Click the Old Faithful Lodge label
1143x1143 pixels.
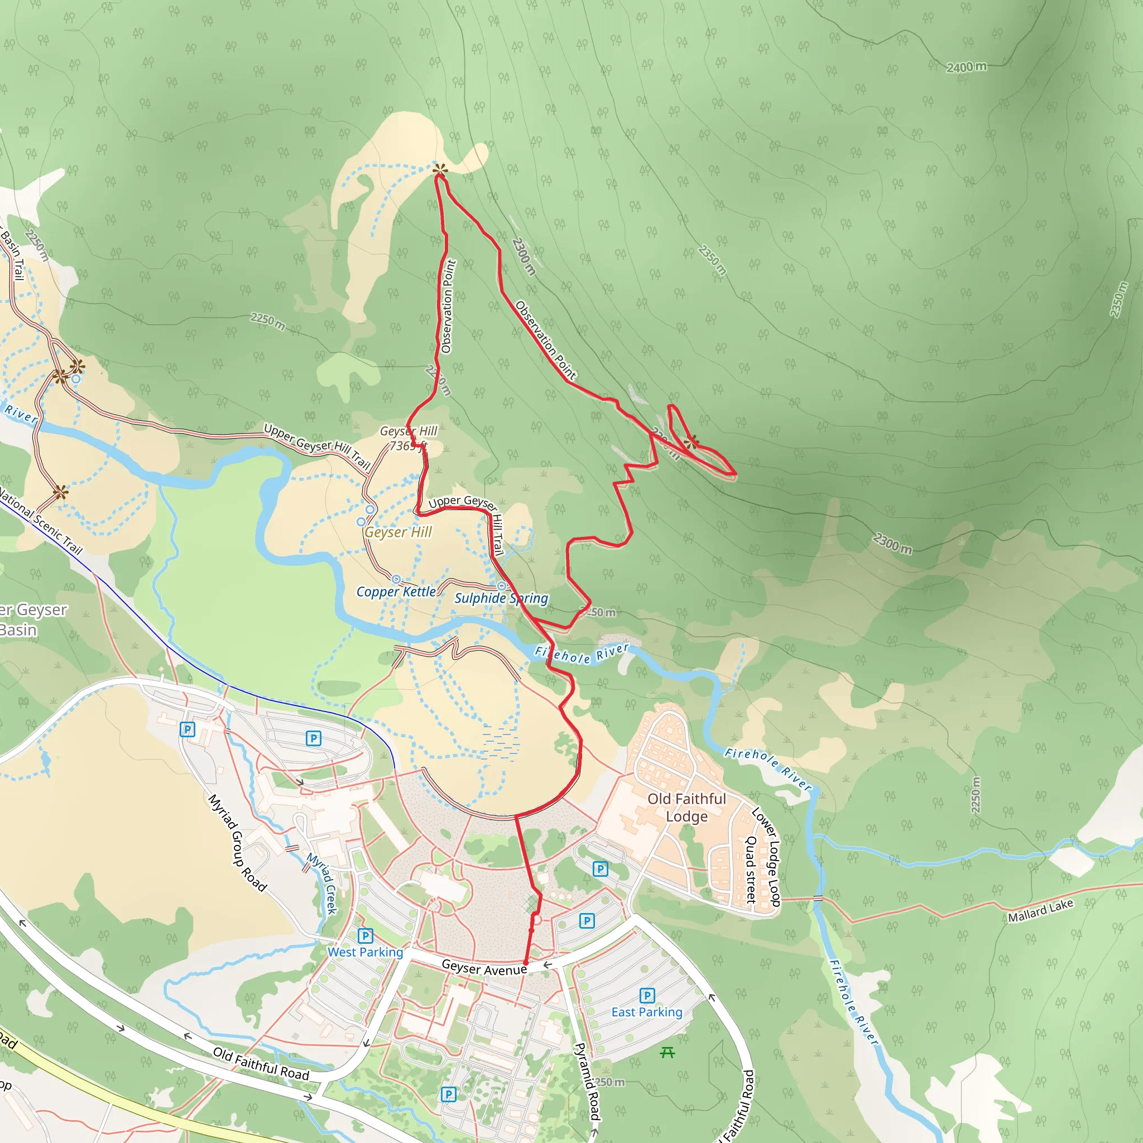(686, 808)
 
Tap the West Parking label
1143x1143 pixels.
(365, 952)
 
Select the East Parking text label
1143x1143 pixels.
(647, 1012)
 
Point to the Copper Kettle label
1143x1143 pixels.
(396, 592)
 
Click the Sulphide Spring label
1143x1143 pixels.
(501, 598)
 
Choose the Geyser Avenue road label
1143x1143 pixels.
(484, 968)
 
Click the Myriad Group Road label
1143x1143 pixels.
(237, 843)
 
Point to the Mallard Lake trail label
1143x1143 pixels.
(1040, 910)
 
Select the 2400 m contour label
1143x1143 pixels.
(966, 67)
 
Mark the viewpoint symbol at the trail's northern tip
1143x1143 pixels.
(440, 171)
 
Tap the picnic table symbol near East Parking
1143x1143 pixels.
(667, 1052)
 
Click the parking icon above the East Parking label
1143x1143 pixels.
(647, 995)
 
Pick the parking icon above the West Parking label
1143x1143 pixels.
(365, 935)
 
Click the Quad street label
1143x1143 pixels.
(751, 869)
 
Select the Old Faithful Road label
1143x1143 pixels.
(261, 1064)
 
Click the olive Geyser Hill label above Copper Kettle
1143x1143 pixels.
(398, 532)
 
